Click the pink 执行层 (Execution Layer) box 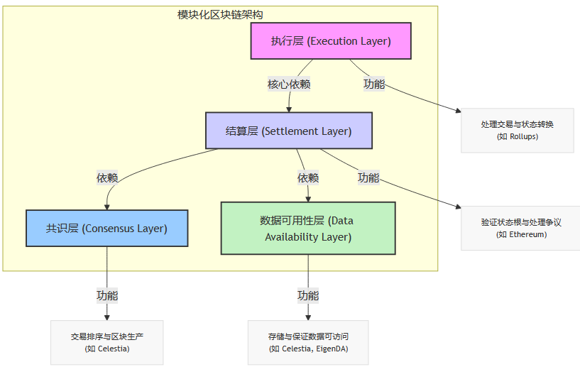click(x=331, y=40)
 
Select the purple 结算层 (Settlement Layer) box click(x=288, y=131)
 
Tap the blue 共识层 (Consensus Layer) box click(x=106, y=228)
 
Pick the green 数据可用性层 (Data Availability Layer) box click(x=308, y=228)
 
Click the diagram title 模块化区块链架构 click(x=221, y=14)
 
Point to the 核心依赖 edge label click(x=288, y=84)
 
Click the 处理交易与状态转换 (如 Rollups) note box click(x=517, y=130)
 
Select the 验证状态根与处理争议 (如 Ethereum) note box click(x=521, y=228)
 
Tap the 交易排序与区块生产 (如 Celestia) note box click(x=107, y=342)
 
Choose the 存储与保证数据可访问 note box click(x=308, y=342)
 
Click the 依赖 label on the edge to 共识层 click(x=107, y=177)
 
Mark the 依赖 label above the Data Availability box click(x=308, y=177)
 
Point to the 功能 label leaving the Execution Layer click(x=374, y=84)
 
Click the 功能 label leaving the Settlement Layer click(x=368, y=177)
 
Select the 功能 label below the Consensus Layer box click(x=107, y=295)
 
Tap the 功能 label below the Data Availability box click(x=308, y=295)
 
